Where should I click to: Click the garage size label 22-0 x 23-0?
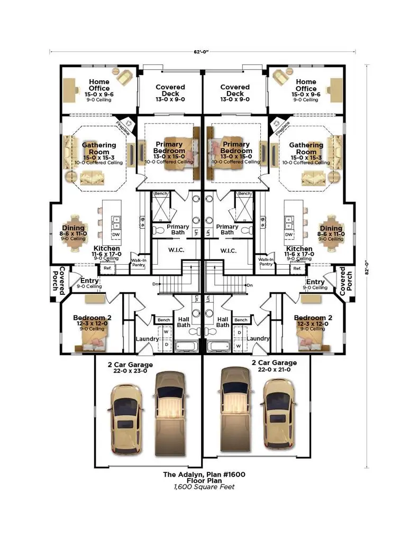(x=130, y=371)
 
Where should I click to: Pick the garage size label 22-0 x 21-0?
(x=274, y=370)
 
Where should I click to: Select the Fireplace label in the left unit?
(x=122, y=126)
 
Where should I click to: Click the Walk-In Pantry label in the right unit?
(x=266, y=262)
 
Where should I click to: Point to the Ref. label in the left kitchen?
(x=107, y=269)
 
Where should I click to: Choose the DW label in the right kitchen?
(x=289, y=234)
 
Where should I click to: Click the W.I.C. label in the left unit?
(x=176, y=250)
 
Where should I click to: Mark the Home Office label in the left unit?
(x=99, y=85)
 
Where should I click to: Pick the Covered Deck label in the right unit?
(x=235, y=90)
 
